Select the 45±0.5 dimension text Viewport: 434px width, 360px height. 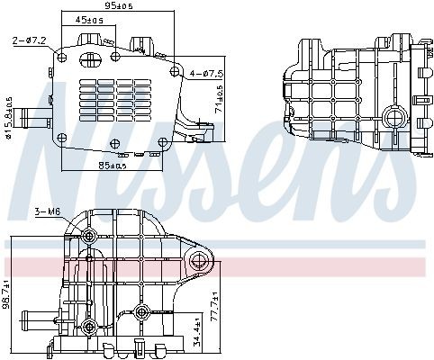coord(87,20)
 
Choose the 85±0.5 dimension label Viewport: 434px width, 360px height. coord(112,165)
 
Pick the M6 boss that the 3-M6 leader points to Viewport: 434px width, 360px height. coord(88,236)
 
